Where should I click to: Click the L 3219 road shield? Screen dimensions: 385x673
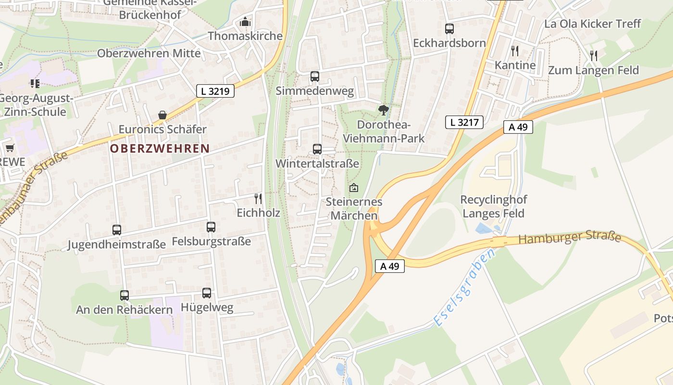pos(215,91)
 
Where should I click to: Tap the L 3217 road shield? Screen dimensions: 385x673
pos(464,122)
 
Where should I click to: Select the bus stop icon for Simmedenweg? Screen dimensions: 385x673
pos(315,77)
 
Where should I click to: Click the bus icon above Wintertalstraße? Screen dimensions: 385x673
pos(317,149)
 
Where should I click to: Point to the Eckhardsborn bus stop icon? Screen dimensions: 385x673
pos(449,29)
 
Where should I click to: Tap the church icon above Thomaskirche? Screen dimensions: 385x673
pos(245,22)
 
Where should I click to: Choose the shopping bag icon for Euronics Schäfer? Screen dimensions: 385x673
pos(162,115)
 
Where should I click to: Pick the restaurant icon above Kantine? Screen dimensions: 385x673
pos(515,51)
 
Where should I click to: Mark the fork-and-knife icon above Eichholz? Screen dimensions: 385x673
pos(258,198)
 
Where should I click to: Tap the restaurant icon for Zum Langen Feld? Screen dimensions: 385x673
pos(594,56)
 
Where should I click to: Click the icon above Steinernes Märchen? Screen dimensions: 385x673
pos(354,188)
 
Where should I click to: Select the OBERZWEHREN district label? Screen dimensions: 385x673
pos(160,149)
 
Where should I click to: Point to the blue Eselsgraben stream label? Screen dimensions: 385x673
pos(464,288)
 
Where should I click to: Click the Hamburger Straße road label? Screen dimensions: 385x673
pos(570,237)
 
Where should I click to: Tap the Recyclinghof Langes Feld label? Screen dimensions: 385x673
pos(493,206)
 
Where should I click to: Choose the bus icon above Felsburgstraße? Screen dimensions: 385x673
pos(211,227)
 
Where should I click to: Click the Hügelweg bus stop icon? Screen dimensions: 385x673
pos(207,293)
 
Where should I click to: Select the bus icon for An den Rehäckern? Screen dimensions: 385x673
pos(125,295)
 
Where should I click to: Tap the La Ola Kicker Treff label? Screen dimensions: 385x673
pos(592,24)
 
